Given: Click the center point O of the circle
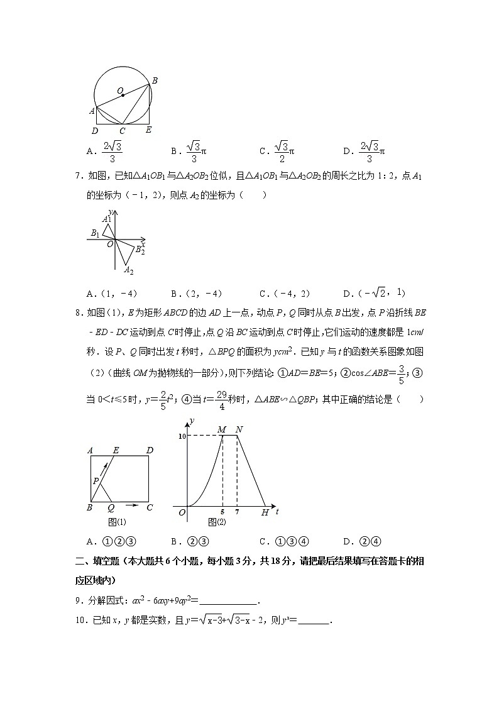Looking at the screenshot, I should (x=123, y=96).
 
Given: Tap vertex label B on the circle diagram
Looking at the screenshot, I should (x=155, y=80).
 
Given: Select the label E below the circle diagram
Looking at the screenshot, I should (x=148, y=130).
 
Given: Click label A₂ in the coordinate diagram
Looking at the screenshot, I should (x=128, y=270).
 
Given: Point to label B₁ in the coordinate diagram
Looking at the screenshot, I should (x=95, y=233).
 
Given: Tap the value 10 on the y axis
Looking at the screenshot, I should (x=182, y=436).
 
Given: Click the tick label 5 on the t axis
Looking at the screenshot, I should (x=223, y=512).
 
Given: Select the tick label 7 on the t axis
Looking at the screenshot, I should (x=237, y=512).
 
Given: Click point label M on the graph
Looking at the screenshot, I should (x=221, y=429).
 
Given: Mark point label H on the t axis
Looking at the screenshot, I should (x=265, y=513).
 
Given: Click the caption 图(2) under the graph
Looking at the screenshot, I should (x=217, y=522).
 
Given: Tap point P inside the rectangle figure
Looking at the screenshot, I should (x=96, y=481).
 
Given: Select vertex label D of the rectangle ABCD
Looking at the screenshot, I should (x=150, y=450).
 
